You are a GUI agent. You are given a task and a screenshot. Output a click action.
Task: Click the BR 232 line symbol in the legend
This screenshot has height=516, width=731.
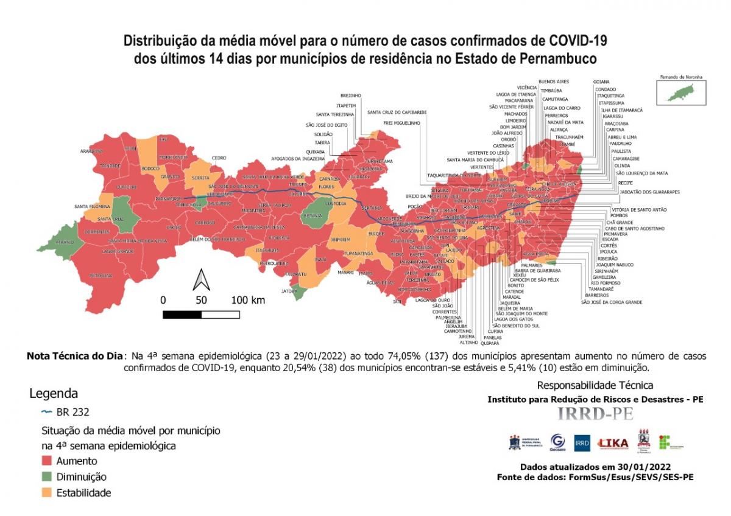pos(46,411)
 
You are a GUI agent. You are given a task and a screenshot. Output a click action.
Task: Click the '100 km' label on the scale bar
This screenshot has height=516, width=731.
pos(248,300)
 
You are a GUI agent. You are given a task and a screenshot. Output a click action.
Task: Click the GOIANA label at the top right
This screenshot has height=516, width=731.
pos(602,81)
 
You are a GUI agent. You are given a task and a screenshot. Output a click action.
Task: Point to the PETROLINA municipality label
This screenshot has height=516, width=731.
pos(100,276)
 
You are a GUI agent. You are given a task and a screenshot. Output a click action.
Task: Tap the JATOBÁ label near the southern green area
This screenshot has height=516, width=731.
pos(289,291)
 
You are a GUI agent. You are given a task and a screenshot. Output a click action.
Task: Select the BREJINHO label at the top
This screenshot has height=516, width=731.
pos(351,96)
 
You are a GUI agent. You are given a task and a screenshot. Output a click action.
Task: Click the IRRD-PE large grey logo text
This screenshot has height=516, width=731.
pos(595,414)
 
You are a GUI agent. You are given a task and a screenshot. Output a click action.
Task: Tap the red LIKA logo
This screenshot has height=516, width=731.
pos(613,444)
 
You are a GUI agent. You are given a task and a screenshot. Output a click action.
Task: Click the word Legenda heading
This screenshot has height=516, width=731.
pos(54,393)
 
